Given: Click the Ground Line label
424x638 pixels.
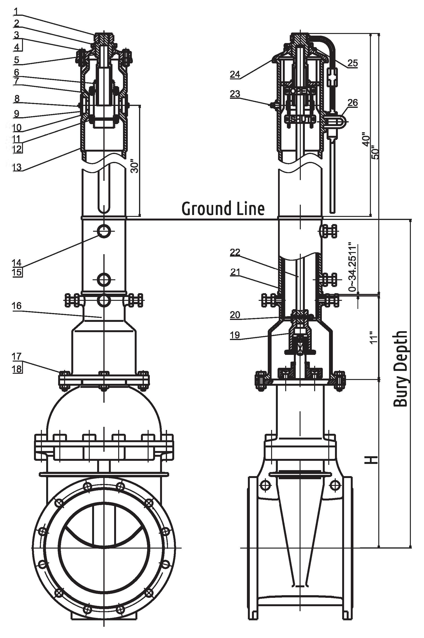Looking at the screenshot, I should tap(223, 209).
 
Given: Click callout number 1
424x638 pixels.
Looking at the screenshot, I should tap(17, 11).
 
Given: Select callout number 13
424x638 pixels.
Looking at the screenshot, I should tap(17, 167).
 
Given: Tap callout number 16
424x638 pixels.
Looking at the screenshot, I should tap(17, 306).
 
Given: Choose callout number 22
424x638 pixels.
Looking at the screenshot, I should tap(235, 252).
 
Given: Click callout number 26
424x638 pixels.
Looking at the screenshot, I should tap(353, 102).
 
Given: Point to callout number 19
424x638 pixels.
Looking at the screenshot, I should tap(235, 335).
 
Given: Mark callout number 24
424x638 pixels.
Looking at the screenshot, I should tap(235, 74).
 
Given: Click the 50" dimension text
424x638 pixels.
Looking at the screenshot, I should tap(375, 152).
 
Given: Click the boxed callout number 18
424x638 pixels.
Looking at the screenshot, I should tap(17, 369).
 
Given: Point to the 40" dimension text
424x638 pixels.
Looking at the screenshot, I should tap(366, 139).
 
